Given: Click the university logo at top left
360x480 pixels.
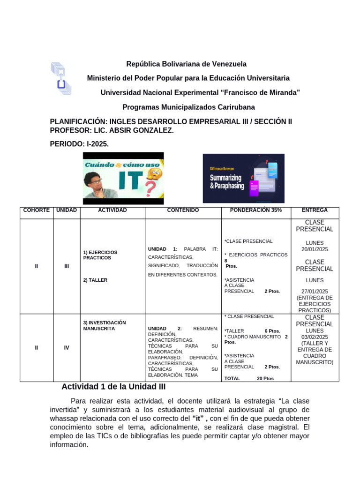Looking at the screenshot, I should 61,78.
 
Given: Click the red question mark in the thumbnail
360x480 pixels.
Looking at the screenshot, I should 150,190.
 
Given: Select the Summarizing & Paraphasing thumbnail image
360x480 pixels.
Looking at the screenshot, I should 243,178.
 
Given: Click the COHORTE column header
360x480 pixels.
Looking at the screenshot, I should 37,210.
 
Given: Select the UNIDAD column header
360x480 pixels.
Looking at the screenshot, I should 67,210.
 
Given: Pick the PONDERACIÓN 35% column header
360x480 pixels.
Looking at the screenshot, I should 255,210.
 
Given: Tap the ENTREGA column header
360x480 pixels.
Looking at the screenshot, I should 315,210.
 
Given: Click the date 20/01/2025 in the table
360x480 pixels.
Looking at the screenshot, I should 315,249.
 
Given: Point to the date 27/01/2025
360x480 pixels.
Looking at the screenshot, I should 315,291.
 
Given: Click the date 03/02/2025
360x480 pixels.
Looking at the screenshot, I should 315,337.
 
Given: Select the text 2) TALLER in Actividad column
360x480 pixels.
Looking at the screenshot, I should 95,280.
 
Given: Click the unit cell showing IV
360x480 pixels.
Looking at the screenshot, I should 67,348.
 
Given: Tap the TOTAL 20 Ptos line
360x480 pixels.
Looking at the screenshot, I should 249,378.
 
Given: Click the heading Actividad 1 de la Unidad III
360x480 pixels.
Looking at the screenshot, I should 113,387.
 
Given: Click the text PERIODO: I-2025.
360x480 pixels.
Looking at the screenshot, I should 79,144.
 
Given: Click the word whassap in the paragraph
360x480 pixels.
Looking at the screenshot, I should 67,418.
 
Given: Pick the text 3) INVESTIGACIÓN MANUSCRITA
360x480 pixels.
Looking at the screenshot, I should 105,325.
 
